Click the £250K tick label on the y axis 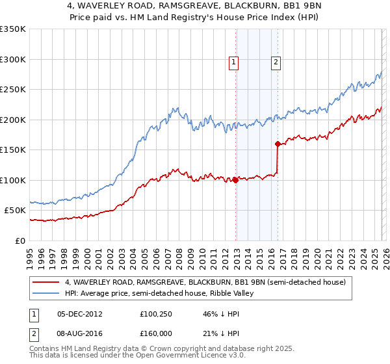point(13,90)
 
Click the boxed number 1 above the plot point(233,62)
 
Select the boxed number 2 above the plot point(276,62)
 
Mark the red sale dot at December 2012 point(235,180)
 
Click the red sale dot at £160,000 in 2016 point(278,144)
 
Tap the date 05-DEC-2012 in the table point(79,314)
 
